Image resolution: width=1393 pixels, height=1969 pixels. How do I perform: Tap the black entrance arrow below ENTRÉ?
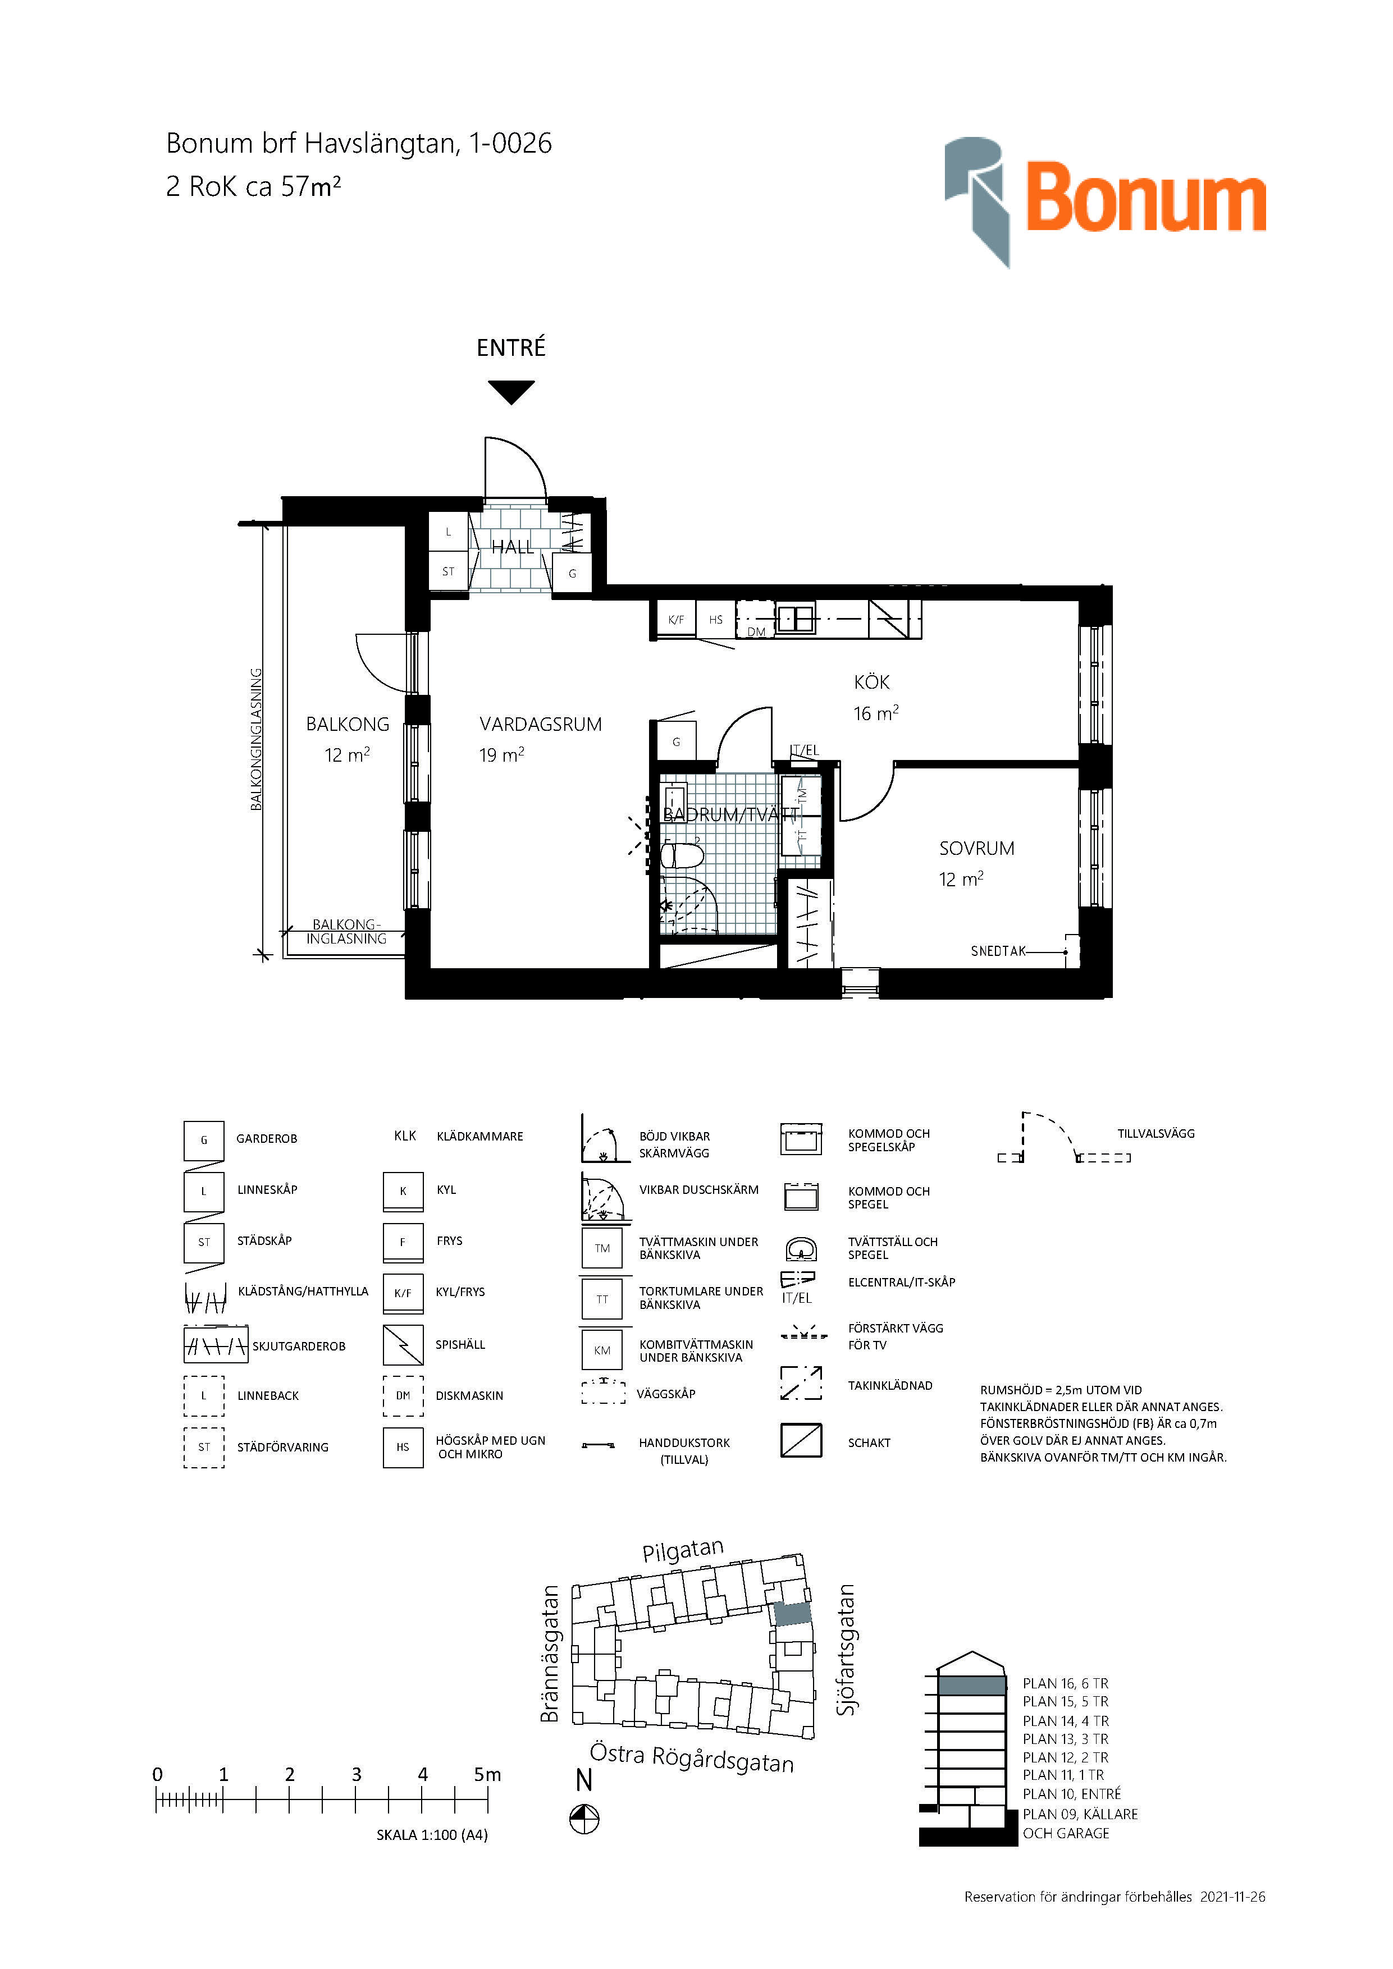click(x=511, y=392)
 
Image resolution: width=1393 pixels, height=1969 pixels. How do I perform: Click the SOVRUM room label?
click(x=976, y=848)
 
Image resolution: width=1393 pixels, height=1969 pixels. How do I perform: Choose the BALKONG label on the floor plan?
click(x=348, y=725)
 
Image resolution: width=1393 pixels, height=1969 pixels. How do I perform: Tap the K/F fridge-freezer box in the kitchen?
click(x=676, y=619)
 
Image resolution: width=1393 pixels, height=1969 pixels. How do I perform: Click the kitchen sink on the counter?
click(x=795, y=619)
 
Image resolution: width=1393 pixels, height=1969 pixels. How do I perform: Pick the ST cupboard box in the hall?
click(x=449, y=571)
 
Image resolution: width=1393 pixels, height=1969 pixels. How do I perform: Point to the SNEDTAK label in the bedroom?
click(x=998, y=951)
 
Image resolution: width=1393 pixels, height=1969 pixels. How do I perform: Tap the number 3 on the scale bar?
click(x=356, y=1774)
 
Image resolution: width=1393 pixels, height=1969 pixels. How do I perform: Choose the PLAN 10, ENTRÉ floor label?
click(x=1071, y=1794)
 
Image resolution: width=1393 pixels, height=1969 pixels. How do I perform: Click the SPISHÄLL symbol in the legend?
click(x=403, y=1345)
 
